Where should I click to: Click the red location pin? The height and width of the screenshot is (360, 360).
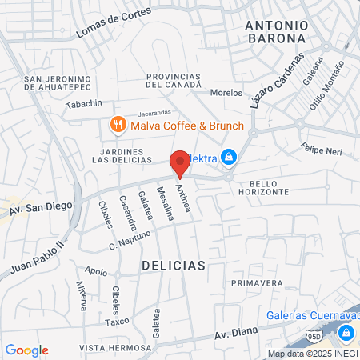click(x=180, y=162)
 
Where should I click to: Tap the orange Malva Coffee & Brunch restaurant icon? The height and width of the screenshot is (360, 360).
click(x=117, y=124)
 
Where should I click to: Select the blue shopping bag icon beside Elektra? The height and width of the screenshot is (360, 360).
click(x=229, y=157)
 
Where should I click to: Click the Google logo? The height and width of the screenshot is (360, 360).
click(x=26, y=350)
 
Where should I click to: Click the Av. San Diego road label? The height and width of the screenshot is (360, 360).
click(x=41, y=206)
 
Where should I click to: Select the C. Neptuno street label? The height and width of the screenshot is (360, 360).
click(x=130, y=239)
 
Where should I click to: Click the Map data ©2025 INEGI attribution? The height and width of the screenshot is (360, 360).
click(x=313, y=354)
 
